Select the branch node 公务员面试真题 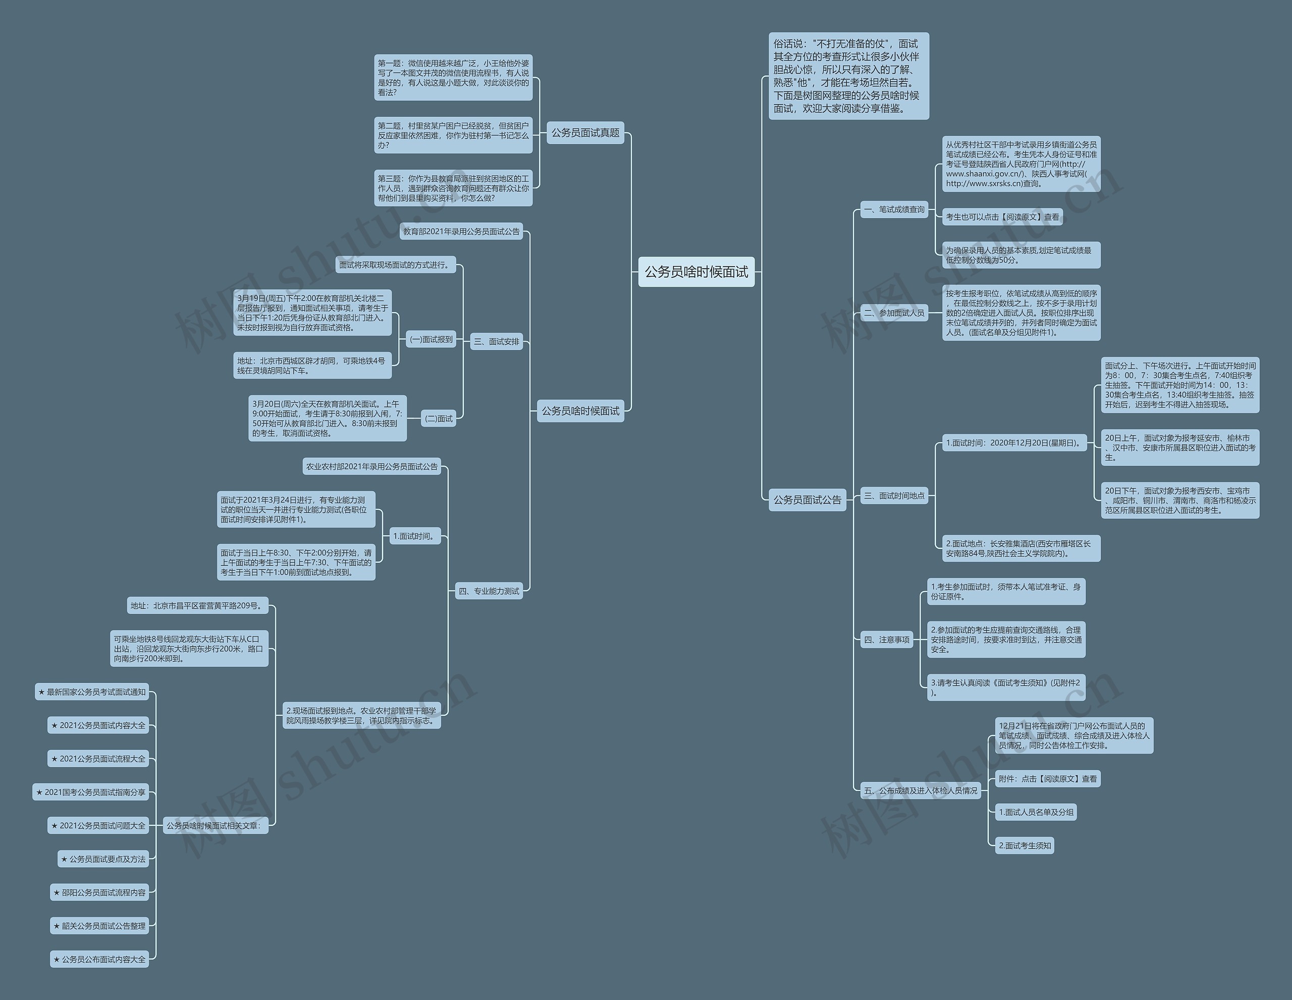[585, 133]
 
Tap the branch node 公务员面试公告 [807, 500]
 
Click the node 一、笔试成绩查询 [894, 209]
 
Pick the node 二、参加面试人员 [894, 313]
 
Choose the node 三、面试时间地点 [894, 496]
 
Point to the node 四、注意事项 [886, 640]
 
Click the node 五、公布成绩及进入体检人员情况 [921, 791]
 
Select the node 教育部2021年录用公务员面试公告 [461, 231]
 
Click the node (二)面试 [439, 418]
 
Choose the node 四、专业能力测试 [489, 591]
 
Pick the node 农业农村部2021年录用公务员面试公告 [371, 467]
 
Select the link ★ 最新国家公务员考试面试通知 [92, 692]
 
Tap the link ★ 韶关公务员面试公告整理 [99, 926]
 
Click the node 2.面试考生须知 [1025, 846]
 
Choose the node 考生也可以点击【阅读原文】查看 [1002, 217]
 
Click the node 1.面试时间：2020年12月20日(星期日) [1014, 443]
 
